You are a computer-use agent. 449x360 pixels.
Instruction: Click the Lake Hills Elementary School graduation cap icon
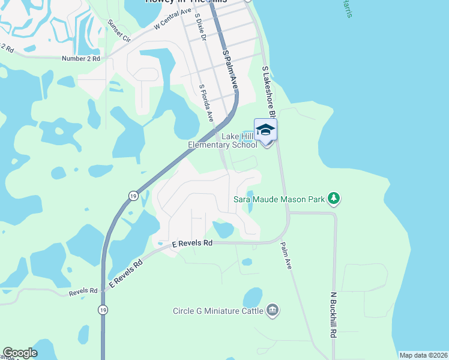tap(266, 129)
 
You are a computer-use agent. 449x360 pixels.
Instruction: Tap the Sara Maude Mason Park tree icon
tap(334, 199)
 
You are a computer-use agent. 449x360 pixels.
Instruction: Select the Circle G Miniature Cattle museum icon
tap(273, 310)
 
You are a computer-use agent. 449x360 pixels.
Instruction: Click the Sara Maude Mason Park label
tap(279, 199)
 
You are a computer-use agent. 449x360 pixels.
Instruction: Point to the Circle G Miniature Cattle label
tap(218, 311)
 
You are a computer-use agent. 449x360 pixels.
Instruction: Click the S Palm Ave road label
tap(231, 70)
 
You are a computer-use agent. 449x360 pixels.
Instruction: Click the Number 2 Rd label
tap(80, 59)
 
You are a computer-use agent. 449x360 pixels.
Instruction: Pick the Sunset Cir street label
tap(119, 31)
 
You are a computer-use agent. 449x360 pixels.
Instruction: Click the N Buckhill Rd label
tap(333, 314)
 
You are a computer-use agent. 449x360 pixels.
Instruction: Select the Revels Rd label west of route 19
tap(83, 291)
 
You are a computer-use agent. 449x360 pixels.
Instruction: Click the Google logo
tap(20, 353)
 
